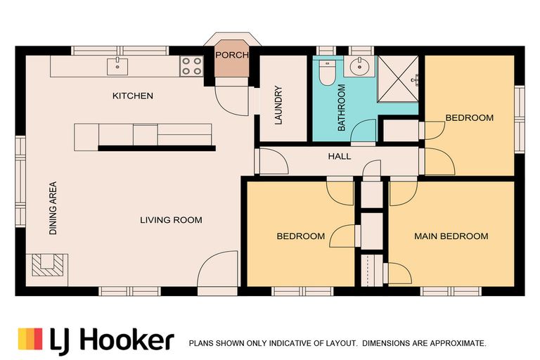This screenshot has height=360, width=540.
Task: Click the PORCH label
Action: click(232, 55)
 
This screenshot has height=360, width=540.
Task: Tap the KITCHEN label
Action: click(133, 96)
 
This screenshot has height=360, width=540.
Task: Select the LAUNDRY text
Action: click(278, 105)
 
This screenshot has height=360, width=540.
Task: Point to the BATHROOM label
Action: click(341, 108)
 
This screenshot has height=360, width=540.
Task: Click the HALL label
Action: click(340, 156)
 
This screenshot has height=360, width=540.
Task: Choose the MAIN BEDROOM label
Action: click(451, 236)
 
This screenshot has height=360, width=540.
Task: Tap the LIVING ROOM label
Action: click(171, 220)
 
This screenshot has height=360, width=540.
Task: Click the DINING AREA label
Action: click(53, 208)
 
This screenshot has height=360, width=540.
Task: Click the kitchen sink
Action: click(117, 67)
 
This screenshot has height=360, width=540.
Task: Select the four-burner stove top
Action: click(191, 66)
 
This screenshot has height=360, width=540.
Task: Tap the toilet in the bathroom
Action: click(326, 72)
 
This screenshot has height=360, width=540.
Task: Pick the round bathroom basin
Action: click(359, 67)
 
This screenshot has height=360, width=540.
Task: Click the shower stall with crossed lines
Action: click(398, 79)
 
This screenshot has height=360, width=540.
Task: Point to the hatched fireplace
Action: click(48, 266)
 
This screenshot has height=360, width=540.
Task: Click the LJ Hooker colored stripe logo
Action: click(30, 339)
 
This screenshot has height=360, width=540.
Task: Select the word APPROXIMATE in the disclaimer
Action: click(458, 343)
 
